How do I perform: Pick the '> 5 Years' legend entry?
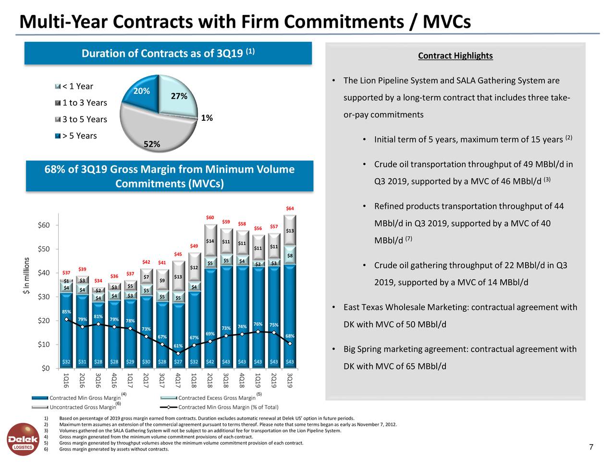coord(79,136)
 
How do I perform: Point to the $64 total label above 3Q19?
coord(290,208)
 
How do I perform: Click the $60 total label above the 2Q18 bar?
coord(210,218)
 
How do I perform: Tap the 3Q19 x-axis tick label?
coord(290,380)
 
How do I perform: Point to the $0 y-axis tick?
coord(46,369)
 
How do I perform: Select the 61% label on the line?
coord(178,346)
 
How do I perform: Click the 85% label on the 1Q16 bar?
coord(66,311)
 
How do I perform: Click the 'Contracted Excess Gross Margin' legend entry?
coord(216,398)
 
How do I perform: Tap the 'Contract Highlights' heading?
coord(455,56)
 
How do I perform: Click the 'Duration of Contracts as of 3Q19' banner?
coord(168,53)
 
